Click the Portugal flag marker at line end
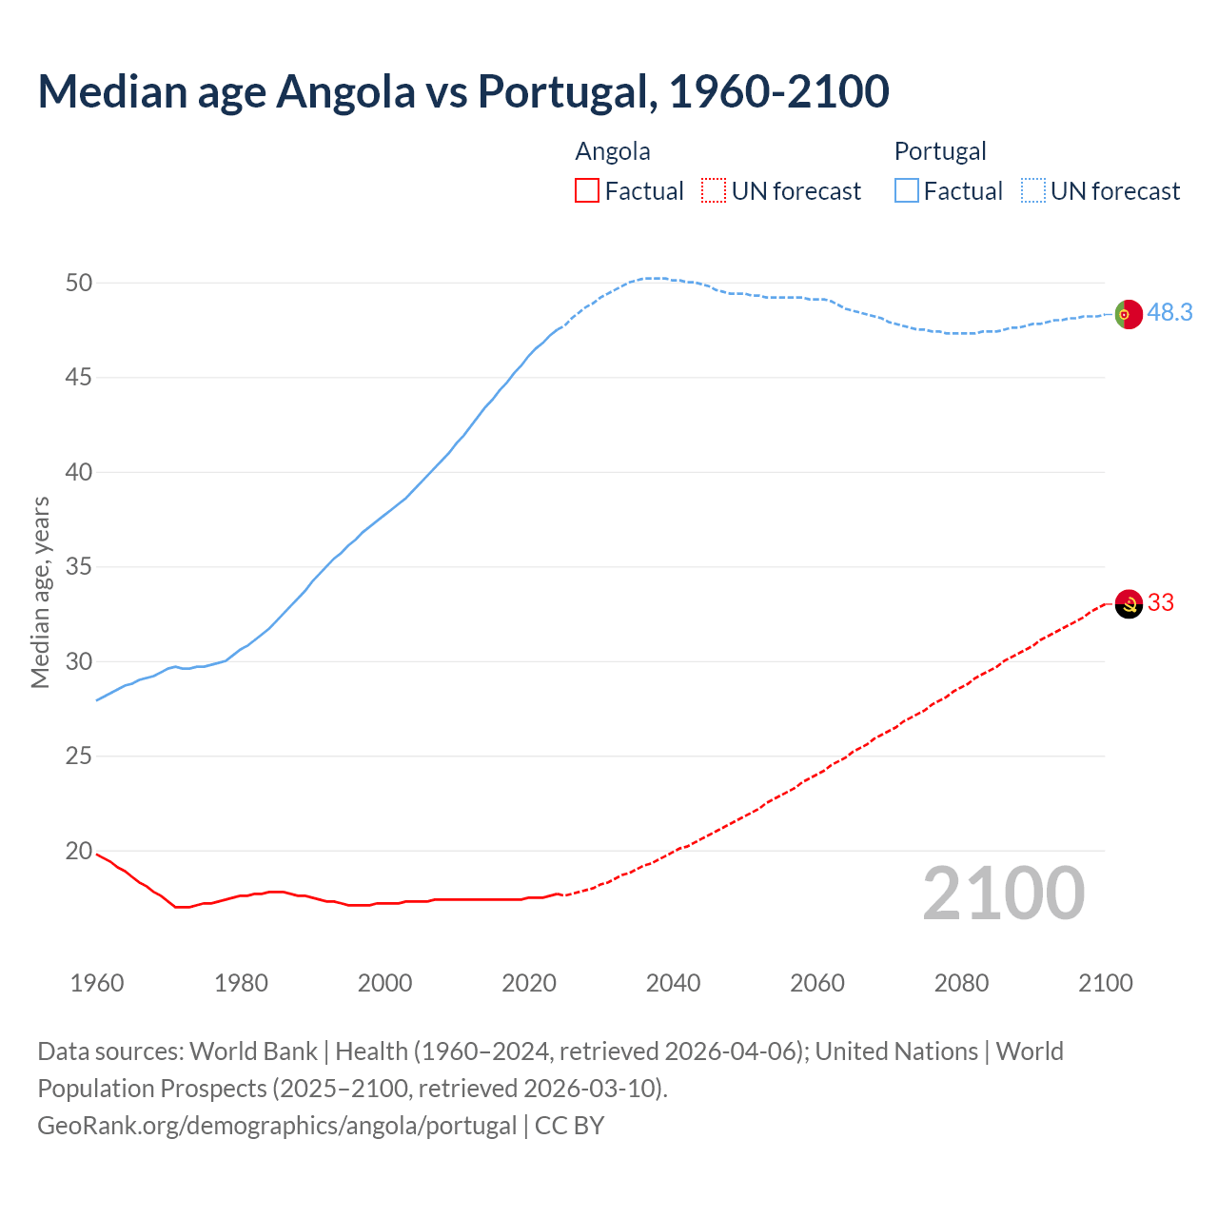click(x=1128, y=313)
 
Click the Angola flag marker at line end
click(x=1128, y=603)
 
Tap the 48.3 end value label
click(x=1169, y=313)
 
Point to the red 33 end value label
click(x=1161, y=603)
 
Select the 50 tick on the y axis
click(x=79, y=283)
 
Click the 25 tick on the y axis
click(x=79, y=756)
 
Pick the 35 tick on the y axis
click(x=79, y=567)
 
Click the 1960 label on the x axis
click(x=97, y=983)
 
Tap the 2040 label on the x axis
click(x=673, y=983)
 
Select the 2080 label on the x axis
click(x=961, y=983)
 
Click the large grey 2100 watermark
click(x=1003, y=894)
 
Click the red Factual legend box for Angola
click(x=587, y=191)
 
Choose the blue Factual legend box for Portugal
click(x=906, y=191)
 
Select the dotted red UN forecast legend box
click(x=714, y=191)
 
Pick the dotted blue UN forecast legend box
click(x=1032, y=191)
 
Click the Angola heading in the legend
click(x=613, y=151)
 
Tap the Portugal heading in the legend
click(x=940, y=151)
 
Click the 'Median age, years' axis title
click(x=40, y=592)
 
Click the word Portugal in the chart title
click(x=565, y=91)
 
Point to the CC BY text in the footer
click(x=569, y=1126)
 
